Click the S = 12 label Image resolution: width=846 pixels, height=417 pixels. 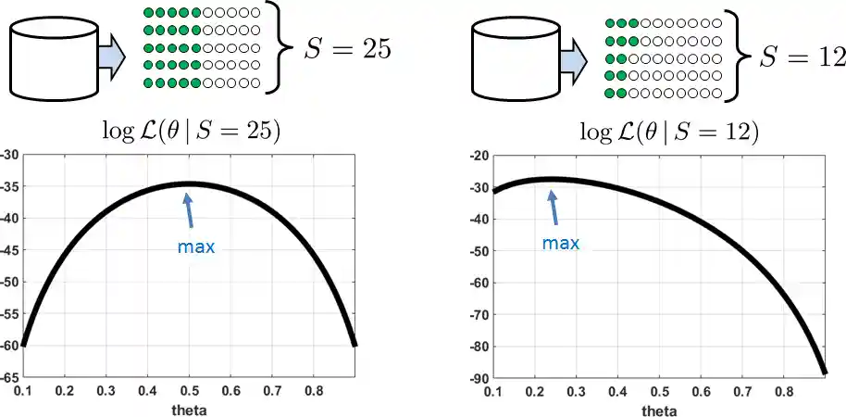[802, 57]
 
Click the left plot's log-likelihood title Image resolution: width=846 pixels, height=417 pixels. [192, 131]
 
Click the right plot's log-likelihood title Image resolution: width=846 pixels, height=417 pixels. [669, 132]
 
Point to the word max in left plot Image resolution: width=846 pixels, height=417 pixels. [195, 247]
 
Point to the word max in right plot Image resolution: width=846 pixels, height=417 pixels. [560, 243]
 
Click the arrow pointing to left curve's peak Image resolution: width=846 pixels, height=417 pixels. [189, 209]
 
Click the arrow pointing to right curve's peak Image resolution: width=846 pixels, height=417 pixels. [554, 207]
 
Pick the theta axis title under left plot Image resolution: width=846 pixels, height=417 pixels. [190, 409]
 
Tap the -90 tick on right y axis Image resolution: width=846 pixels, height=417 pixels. [478, 377]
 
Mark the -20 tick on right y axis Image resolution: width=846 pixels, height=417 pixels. [478, 155]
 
